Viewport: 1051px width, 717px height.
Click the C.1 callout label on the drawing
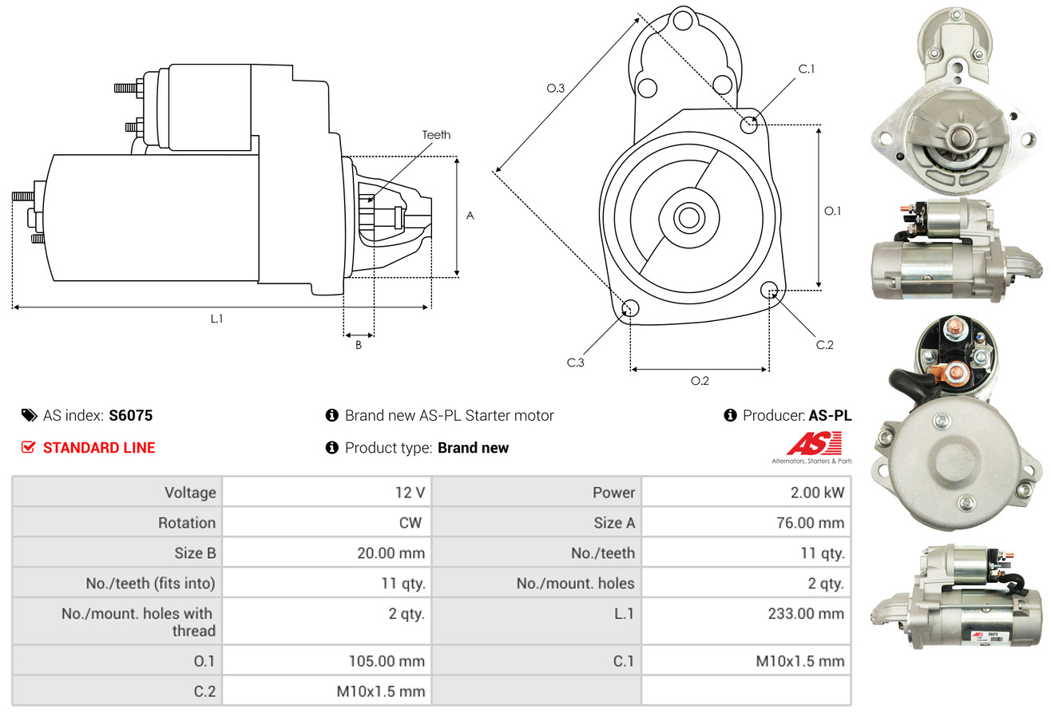pyautogui.click(x=807, y=69)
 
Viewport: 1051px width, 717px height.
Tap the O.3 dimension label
pyautogui.click(x=556, y=88)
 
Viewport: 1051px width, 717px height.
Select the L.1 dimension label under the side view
pyautogui.click(x=216, y=319)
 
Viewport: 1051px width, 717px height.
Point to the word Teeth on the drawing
pyautogui.click(x=436, y=135)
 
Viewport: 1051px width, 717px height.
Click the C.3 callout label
pyautogui.click(x=576, y=362)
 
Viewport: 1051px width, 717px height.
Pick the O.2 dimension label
pyautogui.click(x=700, y=381)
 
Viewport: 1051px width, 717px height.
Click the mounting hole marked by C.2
pyautogui.click(x=769, y=290)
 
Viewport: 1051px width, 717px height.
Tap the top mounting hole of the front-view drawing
pyautogui.click(x=683, y=21)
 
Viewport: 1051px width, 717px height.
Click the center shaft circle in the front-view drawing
pyautogui.click(x=689, y=218)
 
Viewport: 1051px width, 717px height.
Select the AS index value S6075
pyautogui.click(x=130, y=415)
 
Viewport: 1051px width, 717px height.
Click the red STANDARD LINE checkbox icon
pyautogui.click(x=28, y=447)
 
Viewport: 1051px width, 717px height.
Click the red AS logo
pyautogui.click(x=814, y=444)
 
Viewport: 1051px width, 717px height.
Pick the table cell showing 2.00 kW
pyautogui.click(x=746, y=492)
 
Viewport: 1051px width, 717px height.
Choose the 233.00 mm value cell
pyautogui.click(x=746, y=620)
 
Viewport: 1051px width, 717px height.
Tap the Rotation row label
pyautogui.click(x=187, y=522)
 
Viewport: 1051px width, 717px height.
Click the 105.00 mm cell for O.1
pyautogui.click(x=327, y=661)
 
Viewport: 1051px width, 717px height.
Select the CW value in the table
pyautogui.click(x=410, y=522)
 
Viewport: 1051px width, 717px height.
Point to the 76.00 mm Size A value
pyautogui.click(x=811, y=522)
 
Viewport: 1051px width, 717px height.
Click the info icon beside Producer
pyautogui.click(x=730, y=415)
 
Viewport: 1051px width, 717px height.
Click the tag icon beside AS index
pyautogui.click(x=29, y=415)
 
